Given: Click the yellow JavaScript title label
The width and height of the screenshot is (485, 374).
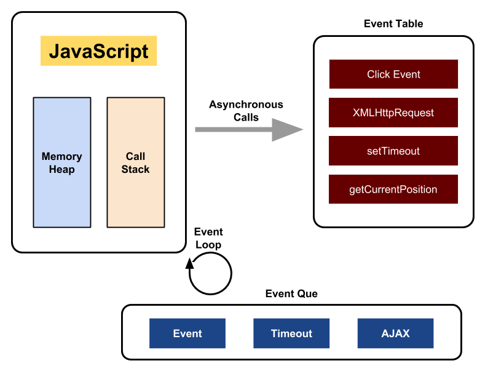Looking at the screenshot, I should tap(98, 50).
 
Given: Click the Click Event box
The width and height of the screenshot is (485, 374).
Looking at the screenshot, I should tap(393, 74).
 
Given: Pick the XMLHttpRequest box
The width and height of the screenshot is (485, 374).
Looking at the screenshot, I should tap(393, 113).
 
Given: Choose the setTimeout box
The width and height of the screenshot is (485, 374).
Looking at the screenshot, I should tap(393, 151).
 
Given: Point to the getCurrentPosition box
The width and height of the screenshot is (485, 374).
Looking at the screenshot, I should tap(393, 189).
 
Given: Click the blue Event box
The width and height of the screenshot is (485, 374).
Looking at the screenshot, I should tap(187, 333).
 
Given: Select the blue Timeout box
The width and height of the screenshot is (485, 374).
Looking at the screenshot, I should tap(291, 333).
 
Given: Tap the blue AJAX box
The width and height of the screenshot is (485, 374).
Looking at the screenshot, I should tap(395, 333).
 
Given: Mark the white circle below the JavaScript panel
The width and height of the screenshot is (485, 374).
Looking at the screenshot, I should tap(210, 273).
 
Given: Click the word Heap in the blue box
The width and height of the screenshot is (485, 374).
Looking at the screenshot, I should tap(62, 170).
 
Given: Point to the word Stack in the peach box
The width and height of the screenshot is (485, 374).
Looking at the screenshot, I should tap(135, 170).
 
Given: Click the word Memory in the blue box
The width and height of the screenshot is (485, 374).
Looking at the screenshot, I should tap(62, 157).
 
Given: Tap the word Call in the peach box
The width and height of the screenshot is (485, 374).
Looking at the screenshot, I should tap(135, 157).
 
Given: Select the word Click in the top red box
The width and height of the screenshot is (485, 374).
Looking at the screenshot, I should tap(379, 74).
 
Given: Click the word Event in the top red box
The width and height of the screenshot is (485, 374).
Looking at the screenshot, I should tap(407, 74).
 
